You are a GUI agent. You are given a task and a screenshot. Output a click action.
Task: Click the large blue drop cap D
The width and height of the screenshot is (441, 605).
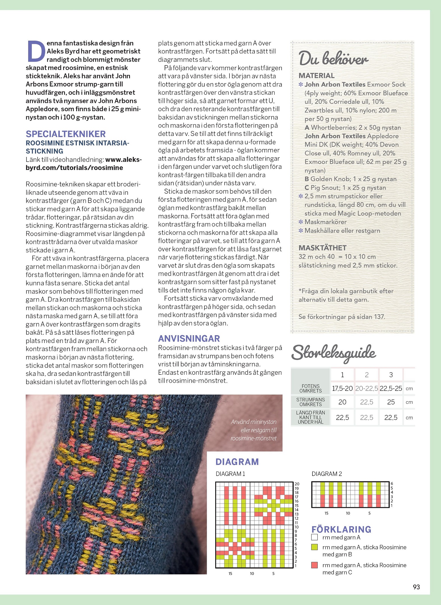(36, 51)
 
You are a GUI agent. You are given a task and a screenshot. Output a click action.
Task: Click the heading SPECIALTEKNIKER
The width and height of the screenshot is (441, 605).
(66, 134)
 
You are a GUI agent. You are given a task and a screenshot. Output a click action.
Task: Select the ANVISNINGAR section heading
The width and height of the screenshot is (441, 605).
(189, 338)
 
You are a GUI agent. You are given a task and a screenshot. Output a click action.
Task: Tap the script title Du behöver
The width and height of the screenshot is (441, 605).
(334, 59)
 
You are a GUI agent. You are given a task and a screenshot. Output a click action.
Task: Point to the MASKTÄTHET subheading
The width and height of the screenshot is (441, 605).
(322, 248)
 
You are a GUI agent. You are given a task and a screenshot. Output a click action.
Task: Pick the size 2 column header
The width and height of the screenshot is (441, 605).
(367, 375)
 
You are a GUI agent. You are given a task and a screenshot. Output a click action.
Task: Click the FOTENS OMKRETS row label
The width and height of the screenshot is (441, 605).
(310, 388)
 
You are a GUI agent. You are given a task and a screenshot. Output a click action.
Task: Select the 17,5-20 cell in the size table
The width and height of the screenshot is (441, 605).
(342, 388)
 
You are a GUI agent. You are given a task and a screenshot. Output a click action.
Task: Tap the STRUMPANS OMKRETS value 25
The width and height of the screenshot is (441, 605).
(391, 402)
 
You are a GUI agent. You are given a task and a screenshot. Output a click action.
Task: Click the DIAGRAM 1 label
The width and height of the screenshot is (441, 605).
(230, 474)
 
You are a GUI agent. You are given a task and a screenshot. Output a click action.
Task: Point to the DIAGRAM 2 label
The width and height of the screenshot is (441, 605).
(327, 474)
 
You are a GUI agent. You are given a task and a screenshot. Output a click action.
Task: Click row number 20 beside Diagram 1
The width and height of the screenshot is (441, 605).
(297, 484)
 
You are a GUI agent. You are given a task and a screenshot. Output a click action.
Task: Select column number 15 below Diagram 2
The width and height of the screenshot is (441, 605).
(326, 513)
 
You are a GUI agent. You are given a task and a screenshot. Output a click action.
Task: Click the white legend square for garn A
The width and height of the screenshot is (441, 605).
(314, 537)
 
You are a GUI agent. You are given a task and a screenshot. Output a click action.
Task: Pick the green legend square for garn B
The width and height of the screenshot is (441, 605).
(314, 547)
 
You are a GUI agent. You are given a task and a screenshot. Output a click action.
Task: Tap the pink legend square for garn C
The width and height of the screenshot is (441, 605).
(314, 565)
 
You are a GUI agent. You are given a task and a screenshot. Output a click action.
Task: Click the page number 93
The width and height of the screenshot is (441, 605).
(416, 587)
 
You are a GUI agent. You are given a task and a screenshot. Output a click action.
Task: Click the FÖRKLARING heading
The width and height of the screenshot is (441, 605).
(341, 529)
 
